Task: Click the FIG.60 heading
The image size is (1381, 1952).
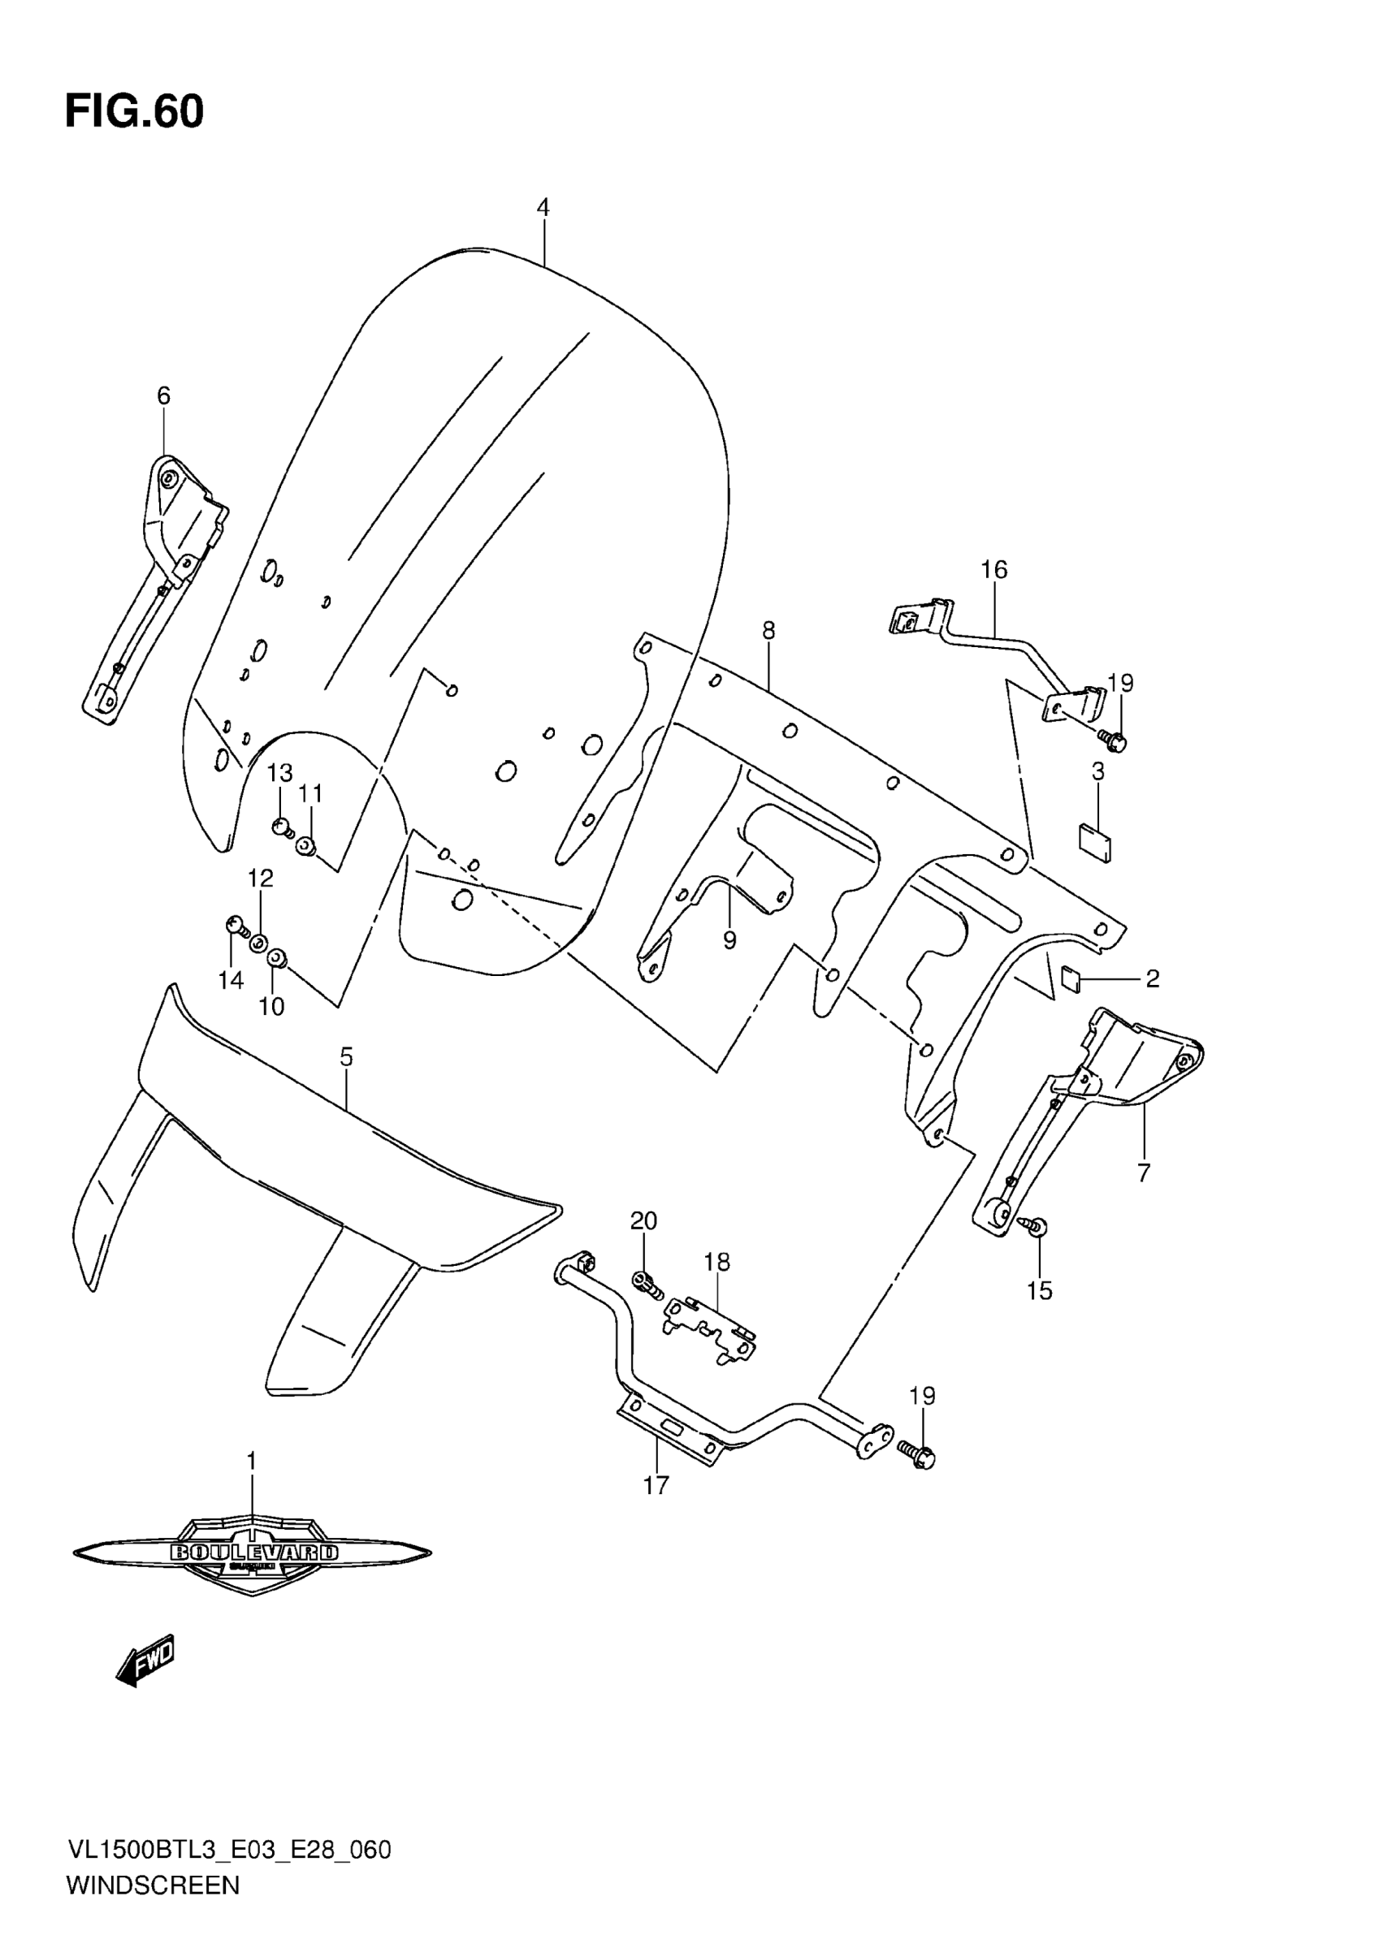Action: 134,112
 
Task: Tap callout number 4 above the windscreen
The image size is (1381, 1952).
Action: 543,207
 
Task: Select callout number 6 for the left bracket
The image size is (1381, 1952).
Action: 163,395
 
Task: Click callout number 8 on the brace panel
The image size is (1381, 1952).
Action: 768,630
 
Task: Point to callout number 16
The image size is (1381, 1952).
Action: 994,570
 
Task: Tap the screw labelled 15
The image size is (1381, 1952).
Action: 1038,1226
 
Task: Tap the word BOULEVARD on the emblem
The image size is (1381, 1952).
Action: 253,1553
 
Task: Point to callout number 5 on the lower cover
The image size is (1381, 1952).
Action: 346,1056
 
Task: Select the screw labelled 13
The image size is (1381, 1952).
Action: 281,826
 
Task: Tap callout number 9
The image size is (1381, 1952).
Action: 729,941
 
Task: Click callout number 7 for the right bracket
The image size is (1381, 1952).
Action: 1143,1172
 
